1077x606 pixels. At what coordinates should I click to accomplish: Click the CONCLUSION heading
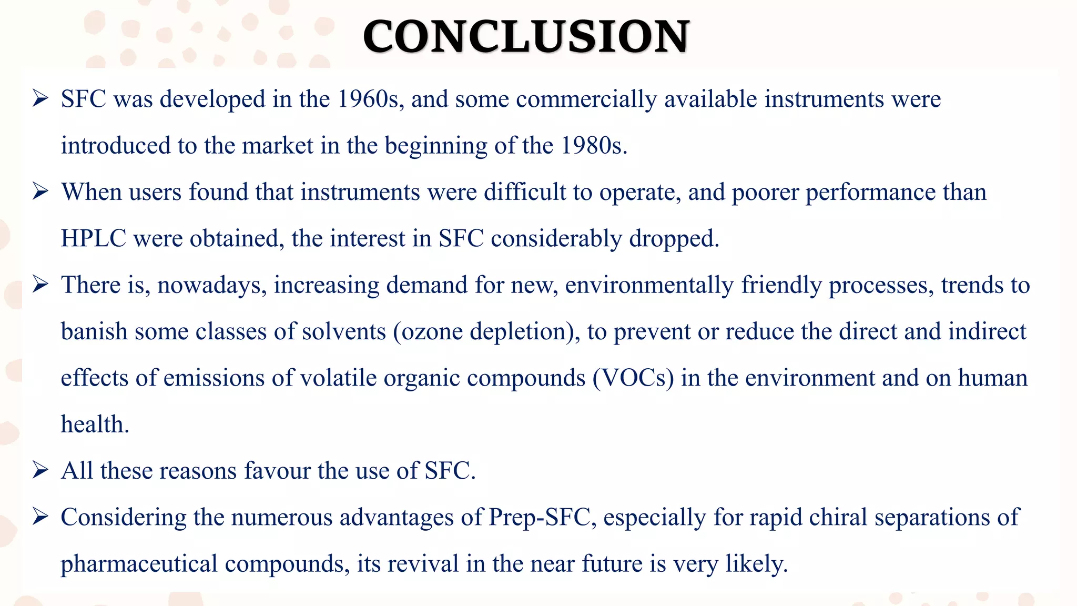pyautogui.click(x=526, y=37)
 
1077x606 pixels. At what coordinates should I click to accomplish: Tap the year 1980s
pyautogui.click(x=593, y=146)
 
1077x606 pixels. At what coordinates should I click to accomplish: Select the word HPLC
pyautogui.click(x=94, y=239)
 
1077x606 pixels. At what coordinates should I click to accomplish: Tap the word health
pyautogui.click(x=95, y=425)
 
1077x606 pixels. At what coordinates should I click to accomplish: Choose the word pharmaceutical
pyautogui.click(x=139, y=564)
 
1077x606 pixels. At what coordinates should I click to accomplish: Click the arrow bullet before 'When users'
pyautogui.click(x=40, y=192)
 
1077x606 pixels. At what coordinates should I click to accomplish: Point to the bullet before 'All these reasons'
pyautogui.click(x=40, y=470)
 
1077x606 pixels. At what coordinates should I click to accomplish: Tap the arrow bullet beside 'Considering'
pyautogui.click(x=40, y=517)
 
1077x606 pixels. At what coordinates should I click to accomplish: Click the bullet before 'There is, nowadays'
pyautogui.click(x=40, y=285)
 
